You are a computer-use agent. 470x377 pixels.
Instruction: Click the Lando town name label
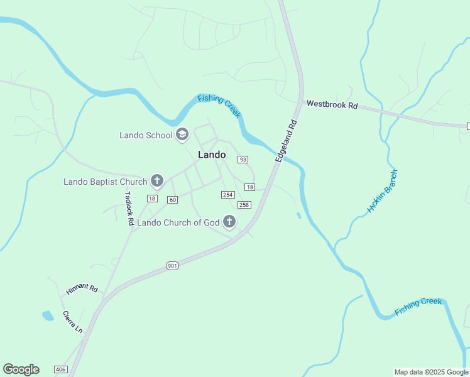[x=212, y=155]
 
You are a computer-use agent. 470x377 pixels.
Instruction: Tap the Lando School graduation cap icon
[x=182, y=134]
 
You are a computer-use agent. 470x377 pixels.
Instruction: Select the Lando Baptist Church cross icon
[x=157, y=182]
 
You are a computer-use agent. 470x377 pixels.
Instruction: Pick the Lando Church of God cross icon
[x=229, y=222]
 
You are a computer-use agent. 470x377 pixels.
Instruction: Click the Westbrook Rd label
[x=331, y=104]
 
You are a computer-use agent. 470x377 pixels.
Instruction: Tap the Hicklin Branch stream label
[x=382, y=190]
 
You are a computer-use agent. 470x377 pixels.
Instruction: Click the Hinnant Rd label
[x=82, y=290]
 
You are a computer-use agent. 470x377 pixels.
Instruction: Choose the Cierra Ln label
[x=73, y=322]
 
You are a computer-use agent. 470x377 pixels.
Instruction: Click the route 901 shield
[x=173, y=266]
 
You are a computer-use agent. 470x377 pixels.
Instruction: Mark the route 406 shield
[x=60, y=369]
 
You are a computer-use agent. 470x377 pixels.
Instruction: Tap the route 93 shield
[x=243, y=160]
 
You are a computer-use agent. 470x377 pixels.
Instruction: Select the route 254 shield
[x=228, y=195]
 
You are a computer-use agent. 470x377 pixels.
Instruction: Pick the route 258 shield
[x=244, y=205]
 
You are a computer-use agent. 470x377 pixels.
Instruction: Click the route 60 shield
[x=173, y=200]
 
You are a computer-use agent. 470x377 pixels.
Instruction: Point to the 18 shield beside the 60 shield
[x=151, y=199]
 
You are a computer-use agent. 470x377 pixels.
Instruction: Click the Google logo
[x=21, y=369]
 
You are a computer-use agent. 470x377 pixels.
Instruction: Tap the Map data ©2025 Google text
[x=431, y=372]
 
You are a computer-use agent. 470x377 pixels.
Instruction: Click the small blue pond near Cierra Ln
[x=48, y=315]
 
